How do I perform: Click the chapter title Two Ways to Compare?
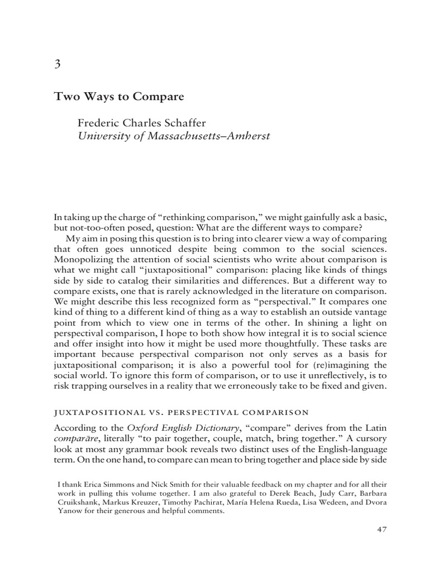(119, 96)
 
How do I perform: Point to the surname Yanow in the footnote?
(70, 510)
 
